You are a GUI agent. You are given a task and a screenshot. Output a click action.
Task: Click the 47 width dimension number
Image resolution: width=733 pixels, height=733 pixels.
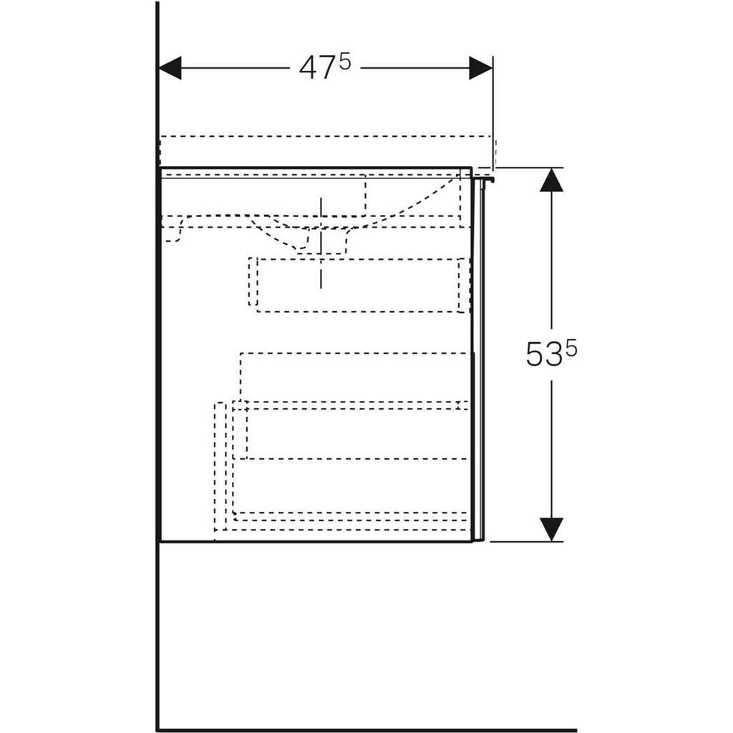[317, 68]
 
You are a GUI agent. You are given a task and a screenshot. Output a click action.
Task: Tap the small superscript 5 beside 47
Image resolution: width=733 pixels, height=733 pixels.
[344, 62]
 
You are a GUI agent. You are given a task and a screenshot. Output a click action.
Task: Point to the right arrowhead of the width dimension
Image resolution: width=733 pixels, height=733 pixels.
[480, 68]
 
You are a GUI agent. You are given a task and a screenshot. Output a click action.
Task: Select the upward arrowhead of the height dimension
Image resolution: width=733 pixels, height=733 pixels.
[552, 180]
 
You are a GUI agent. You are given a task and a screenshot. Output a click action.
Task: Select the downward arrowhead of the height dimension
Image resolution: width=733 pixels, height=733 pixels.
[552, 530]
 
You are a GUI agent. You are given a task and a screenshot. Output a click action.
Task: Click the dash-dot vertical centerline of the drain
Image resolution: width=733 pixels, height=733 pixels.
[321, 243]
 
